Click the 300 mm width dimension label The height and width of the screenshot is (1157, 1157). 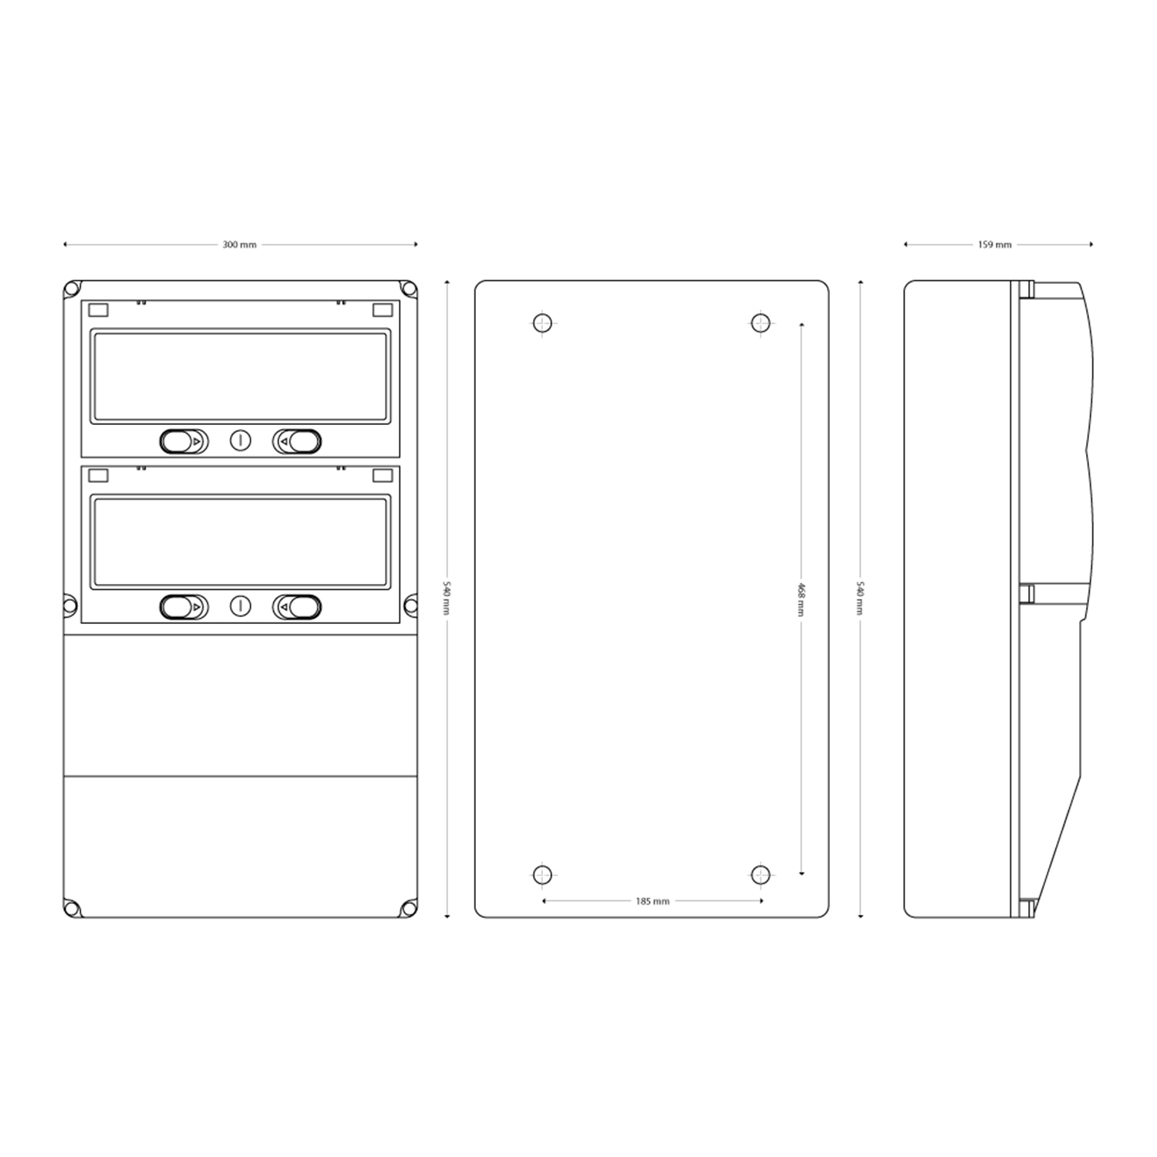[240, 245]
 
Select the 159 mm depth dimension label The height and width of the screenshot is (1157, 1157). [995, 245]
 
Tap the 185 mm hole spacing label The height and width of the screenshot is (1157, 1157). [653, 901]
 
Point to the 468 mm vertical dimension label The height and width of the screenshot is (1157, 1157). [801, 599]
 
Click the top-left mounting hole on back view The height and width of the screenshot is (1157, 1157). [542, 322]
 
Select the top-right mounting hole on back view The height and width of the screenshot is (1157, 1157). [761, 322]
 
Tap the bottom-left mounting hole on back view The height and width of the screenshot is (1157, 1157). [542, 875]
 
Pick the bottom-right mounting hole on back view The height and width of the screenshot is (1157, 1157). [761, 875]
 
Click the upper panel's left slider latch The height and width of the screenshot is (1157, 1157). [184, 441]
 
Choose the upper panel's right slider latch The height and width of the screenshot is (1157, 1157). [297, 441]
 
